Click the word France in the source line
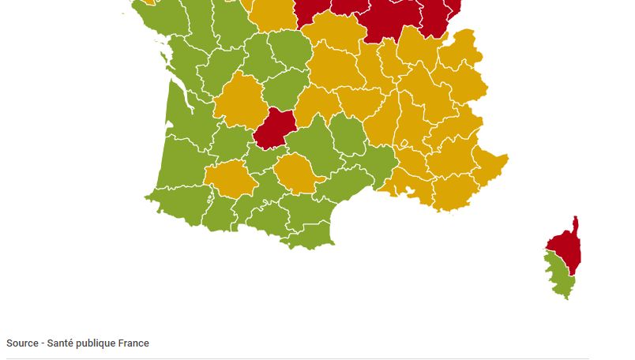[x=134, y=343]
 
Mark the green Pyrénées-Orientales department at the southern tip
[x=310, y=235]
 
